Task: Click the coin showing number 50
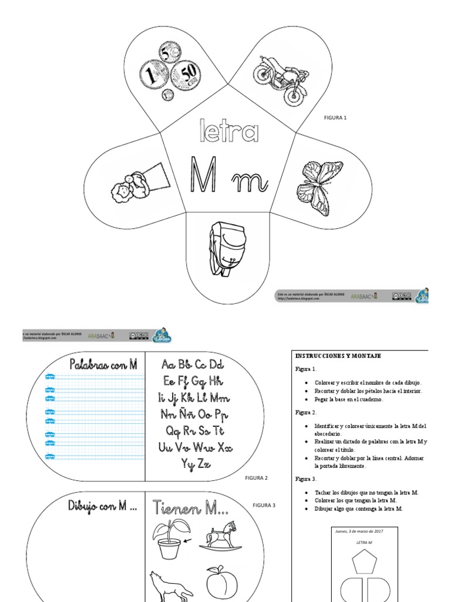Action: coord(187,75)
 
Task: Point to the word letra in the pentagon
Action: coord(225,133)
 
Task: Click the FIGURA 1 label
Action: coord(335,118)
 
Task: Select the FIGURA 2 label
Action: coord(256,478)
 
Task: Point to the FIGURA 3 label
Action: coord(264,505)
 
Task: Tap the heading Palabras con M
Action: coord(103,364)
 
